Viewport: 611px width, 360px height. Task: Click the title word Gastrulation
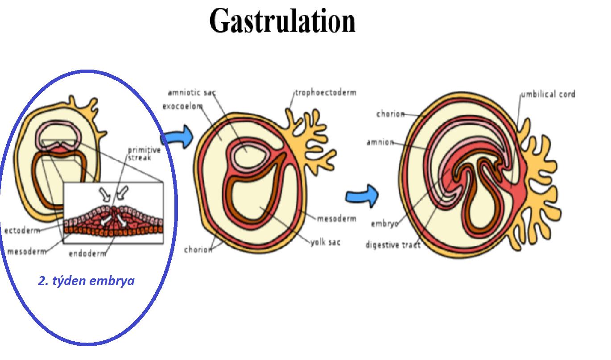(282, 21)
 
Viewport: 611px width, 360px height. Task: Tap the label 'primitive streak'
(144, 153)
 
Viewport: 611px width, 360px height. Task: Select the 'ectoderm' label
(21, 231)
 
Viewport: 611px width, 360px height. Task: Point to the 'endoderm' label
(88, 254)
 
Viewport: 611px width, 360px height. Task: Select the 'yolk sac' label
(325, 242)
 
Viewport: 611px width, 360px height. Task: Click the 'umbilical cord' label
(548, 94)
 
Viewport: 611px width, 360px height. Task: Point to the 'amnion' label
(380, 142)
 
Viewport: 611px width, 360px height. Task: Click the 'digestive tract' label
(392, 245)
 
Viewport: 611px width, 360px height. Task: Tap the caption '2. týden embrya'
(86, 281)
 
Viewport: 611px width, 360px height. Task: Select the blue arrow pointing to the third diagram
(362, 195)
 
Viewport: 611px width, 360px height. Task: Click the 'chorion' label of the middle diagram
(198, 249)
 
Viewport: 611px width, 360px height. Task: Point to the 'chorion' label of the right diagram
(390, 114)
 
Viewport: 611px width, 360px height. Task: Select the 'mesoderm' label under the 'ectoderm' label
(26, 252)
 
